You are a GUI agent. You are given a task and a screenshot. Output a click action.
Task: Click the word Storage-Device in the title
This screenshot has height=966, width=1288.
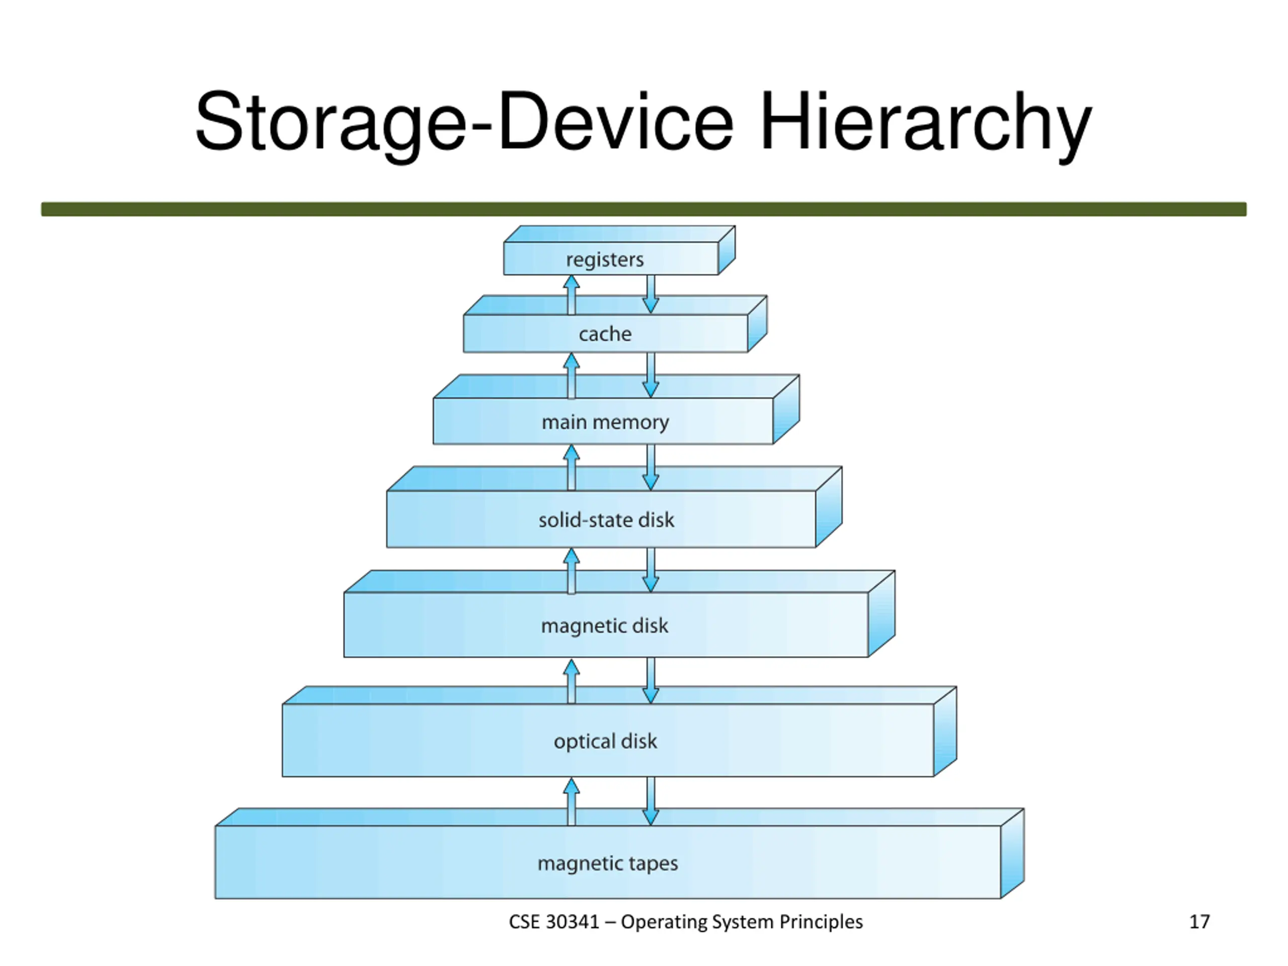pos(463,122)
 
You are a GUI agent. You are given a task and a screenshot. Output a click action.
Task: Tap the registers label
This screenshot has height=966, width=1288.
pos(604,259)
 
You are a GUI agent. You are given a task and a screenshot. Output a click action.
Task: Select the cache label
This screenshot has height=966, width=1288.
pos(604,334)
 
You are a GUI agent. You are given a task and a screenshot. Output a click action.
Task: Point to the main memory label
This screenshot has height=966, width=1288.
pos(604,422)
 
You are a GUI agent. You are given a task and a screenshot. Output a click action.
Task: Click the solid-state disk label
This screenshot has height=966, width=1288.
pos(606,519)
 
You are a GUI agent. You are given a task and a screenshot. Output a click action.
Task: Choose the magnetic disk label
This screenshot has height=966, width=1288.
pos(604,626)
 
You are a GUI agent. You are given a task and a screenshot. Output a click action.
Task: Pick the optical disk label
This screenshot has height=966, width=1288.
pos(605,741)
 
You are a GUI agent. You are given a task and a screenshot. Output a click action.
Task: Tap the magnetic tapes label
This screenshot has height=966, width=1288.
pos(607,863)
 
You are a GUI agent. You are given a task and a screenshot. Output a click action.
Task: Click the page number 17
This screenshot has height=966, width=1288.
pos(1199,922)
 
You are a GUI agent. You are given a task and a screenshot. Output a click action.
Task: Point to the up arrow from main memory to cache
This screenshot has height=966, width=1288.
pos(571,375)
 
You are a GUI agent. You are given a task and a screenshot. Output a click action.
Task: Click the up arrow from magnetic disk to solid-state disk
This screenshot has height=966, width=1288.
pos(571,571)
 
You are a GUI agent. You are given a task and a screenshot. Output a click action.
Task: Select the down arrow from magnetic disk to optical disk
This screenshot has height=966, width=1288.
pos(651,681)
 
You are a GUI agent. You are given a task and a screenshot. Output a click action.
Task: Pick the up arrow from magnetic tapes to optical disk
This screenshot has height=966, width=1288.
pos(571,801)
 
